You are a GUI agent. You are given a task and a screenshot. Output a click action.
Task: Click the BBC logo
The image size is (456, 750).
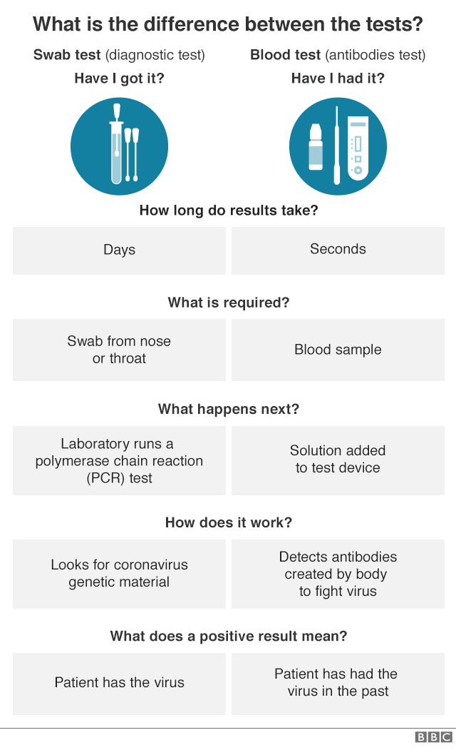point(433,737)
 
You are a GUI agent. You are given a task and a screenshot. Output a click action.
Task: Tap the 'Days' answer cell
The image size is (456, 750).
point(119,250)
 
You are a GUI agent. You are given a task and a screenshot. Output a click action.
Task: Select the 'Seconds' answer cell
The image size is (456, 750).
point(338,249)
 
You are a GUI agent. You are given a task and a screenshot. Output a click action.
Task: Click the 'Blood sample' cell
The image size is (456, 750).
point(338,350)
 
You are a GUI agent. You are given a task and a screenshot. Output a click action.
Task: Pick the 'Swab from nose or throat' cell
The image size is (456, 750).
point(119,350)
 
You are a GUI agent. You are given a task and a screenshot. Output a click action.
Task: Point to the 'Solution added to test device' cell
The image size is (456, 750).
point(338,460)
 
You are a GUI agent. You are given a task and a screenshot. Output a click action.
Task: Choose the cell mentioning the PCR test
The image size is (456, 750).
point(119,460)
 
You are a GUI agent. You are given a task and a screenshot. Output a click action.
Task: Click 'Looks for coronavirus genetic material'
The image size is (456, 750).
point(119,573)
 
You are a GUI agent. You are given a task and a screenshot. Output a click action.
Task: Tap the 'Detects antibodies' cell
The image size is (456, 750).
point(338,573)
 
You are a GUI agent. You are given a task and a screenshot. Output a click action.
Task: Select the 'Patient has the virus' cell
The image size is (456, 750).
point(119,682)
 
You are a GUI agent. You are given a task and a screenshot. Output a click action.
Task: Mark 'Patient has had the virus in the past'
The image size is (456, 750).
point(338,682)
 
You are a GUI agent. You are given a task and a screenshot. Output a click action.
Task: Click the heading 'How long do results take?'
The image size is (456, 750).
point(228,211)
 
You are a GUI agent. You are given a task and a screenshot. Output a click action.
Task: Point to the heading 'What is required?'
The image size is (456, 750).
point(228,303)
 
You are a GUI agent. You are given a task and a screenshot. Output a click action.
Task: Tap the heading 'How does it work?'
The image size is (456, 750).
point(228,522)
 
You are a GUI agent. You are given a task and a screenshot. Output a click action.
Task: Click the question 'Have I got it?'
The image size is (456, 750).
point(119,78)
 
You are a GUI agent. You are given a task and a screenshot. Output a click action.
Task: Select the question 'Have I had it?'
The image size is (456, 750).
point(338,78)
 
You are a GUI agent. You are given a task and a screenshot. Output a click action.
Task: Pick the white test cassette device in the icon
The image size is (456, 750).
point(358,148)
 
